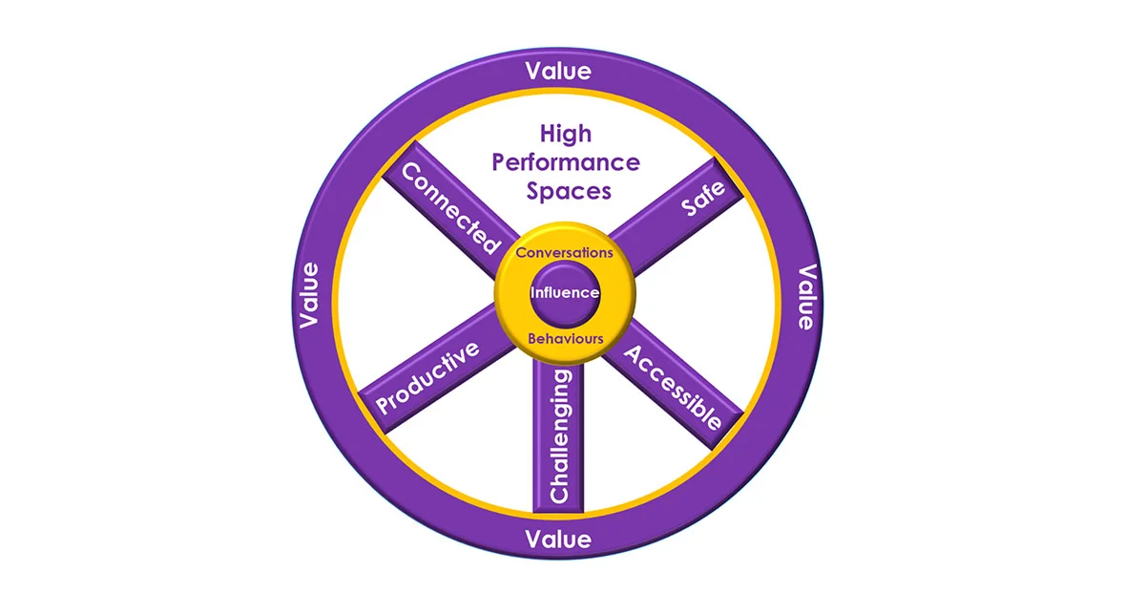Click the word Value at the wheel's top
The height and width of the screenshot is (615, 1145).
tap(558, 71)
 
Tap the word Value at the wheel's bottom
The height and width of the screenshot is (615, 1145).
tap(558, 539)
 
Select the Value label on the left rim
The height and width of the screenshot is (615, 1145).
tap(308, 295)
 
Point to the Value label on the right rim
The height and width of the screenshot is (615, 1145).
tap(806, 297)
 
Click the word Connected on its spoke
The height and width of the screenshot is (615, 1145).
tap(450, 207)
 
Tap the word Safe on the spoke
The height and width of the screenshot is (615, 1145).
tap(703, 199)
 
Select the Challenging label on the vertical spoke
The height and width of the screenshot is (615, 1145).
tap(560, 436)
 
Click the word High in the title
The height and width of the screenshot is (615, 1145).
tap(566, 134)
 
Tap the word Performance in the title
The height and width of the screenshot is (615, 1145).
tap(566, 161)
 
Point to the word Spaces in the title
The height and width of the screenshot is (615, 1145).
tap(569, 190)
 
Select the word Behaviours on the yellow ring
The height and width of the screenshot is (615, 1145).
tap(566, 338)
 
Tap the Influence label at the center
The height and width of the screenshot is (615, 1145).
tap(565, 293)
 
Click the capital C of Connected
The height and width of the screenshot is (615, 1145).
tap(411, 173)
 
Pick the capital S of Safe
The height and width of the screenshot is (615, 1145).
tap(689, 210)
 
